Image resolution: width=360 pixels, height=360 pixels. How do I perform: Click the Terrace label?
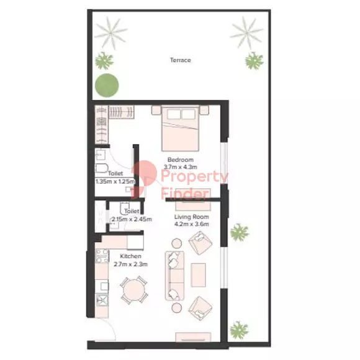[181, 60]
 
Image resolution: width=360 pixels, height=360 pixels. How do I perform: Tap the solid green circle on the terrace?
[107, 85]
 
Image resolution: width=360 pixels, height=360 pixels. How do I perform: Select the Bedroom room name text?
[181, 160]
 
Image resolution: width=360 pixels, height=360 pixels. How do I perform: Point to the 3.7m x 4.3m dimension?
[180, 167]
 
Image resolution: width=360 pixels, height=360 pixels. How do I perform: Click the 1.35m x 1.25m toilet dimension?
[115, 181]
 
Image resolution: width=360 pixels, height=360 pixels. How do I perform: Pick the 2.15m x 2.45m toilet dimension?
[132, 219]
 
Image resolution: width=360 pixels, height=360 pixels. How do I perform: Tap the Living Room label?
[191, 217]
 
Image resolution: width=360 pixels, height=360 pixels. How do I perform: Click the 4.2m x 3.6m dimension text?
[191, 224]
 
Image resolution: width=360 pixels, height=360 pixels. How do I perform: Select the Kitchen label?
[130, 256]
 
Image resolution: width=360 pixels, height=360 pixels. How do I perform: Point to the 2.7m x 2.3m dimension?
[130, 264]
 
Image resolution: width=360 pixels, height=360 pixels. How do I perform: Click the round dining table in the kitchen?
[133, 290]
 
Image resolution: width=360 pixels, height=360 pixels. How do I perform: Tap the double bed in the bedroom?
[180, 128]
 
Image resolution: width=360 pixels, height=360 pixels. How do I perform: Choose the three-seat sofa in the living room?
[174, 276]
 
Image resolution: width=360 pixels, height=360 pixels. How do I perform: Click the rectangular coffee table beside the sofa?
[198, 275]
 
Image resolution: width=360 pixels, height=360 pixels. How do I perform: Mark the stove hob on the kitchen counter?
[102, 256]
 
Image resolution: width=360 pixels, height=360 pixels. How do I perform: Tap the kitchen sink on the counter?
[102, 300]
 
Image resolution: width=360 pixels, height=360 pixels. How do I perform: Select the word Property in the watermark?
[194, 177]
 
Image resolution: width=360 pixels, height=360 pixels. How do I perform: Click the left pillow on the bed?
[174, 114]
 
